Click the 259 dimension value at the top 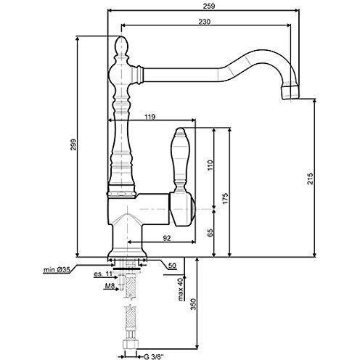pos(209,6)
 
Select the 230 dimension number pos(205,22)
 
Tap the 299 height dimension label pos(73,144)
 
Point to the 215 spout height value pos(310,179)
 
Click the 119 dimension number pos(150,117)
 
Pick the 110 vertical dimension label pos(210,165)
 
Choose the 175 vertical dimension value pos(225,198)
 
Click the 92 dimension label pos(167,238)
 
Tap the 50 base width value pos(172,266)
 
